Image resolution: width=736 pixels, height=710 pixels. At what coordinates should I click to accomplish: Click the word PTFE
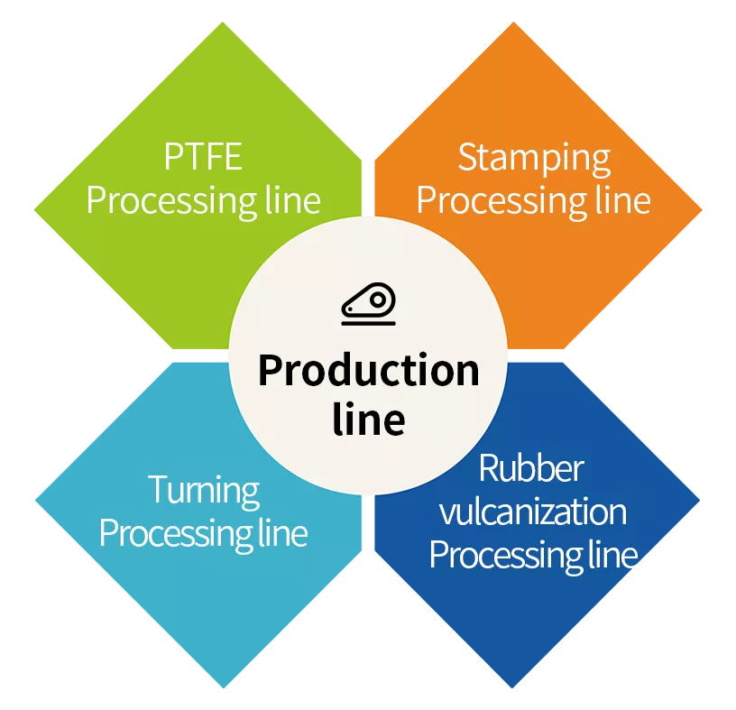tap(203, 157)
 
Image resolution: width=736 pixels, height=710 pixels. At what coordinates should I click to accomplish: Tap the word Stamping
tap(534, 160)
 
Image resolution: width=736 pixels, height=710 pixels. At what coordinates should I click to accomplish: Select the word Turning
tap(204, 491)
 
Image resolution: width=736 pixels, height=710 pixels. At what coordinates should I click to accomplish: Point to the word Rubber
tap(531, 468)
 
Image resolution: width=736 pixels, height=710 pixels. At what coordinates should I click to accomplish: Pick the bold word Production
tap(369, 371)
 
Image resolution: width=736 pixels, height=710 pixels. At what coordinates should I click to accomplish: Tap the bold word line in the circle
tap(369, 419)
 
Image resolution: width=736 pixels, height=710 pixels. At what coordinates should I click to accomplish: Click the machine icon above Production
tap(369, 304)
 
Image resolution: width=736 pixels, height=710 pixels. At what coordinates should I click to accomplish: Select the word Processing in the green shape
tap(171, 202)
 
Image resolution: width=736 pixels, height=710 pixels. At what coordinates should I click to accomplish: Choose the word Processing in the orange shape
tap(501, 202)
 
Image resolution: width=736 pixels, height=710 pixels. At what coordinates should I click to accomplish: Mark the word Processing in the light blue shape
tap(176, 534)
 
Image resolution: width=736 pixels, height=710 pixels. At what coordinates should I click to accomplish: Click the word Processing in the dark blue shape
tap(506, 556)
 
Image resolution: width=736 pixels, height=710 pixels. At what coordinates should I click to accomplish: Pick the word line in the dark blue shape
tap(613, 554)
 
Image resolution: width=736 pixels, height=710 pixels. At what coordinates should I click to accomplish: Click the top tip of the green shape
tap(223, 22)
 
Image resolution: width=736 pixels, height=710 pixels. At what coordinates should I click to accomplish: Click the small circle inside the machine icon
tap(377, 300)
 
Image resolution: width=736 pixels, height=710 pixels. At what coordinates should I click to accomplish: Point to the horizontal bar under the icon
tap(369, 323)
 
